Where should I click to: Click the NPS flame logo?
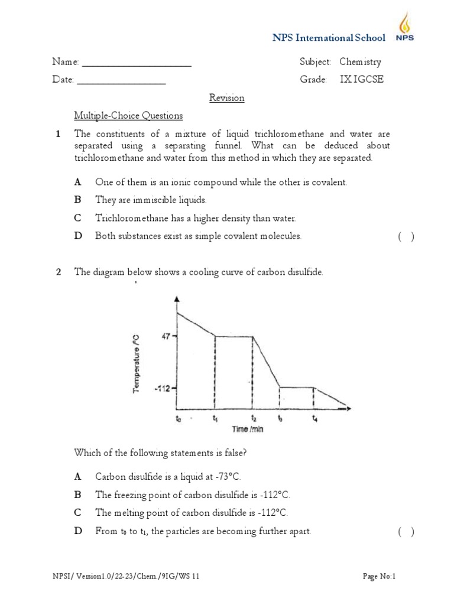pyautogui.click(x=405, y=28)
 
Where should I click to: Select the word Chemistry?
pyautogui.click(x=360, y=61)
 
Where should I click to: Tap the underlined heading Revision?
pyautogui.click(x=227, y=98)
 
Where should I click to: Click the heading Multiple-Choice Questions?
pyautogui.click(x=128, y=116)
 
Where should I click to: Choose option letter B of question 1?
pyautogui.click(x=77, y=200)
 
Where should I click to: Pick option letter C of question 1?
pyautogui.click(x=77, y=218)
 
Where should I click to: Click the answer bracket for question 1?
pyautogui.click(x=406, y=236)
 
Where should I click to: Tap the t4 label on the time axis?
pyautogui.click(x=314, y=418)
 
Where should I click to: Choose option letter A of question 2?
pyautogui.click(x=77, y=476)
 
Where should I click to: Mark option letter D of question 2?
pyautogui.click(x=77, y=531)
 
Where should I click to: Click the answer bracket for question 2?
pyautogui.click(x=406, y=532)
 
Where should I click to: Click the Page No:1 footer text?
pyautogui.click(x=378, y=576)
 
